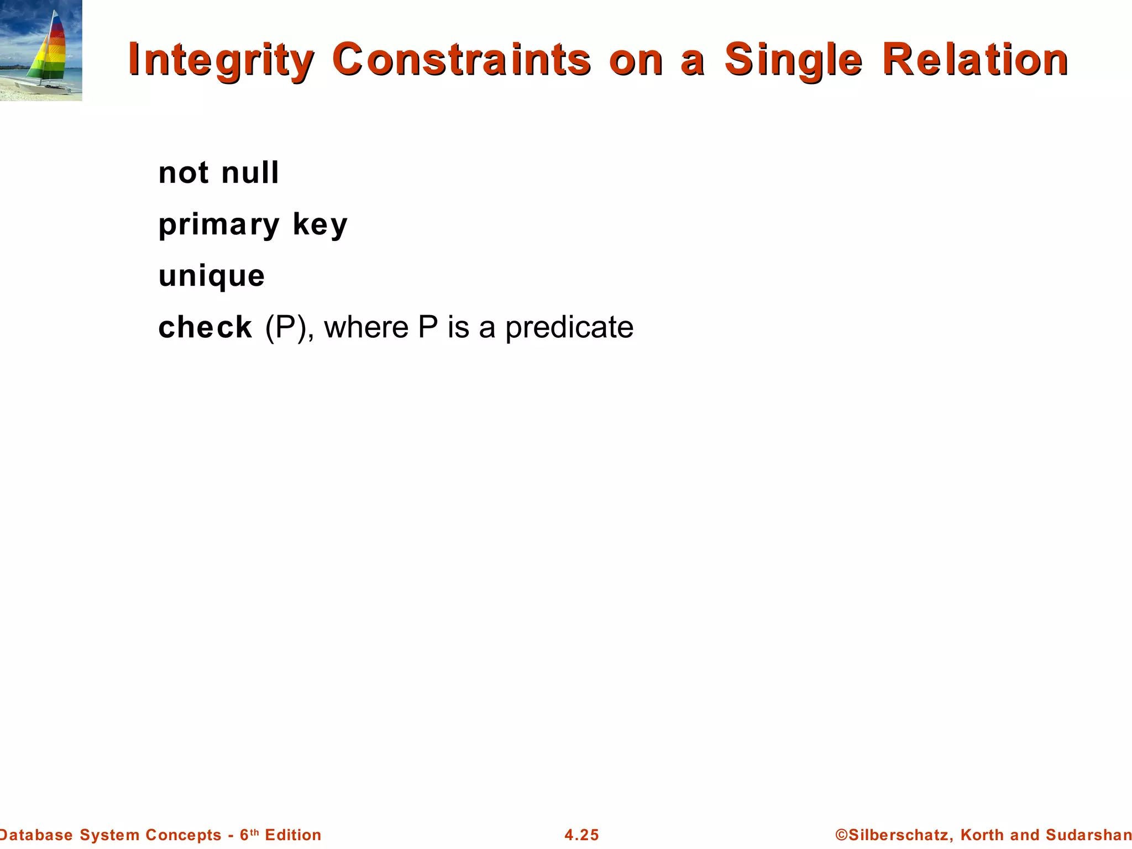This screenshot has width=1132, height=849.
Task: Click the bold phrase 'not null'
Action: (218, 172)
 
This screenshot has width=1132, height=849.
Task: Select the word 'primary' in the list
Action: (219, 225)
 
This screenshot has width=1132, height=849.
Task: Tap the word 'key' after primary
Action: (320, 225)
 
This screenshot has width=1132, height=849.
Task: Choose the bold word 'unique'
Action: (212, 276)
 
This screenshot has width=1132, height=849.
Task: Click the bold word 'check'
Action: (205, 327)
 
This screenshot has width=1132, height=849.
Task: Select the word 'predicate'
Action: (569, 327)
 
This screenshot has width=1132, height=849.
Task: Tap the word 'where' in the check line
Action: (366, 327)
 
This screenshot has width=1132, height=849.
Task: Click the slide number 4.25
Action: (581, 835)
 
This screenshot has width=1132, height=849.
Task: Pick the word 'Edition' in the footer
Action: (293, 835)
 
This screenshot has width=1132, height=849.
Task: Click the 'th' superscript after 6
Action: (254, 831)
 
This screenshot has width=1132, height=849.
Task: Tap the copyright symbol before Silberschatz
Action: (841, 835)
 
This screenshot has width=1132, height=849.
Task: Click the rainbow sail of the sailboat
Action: (53, 53)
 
